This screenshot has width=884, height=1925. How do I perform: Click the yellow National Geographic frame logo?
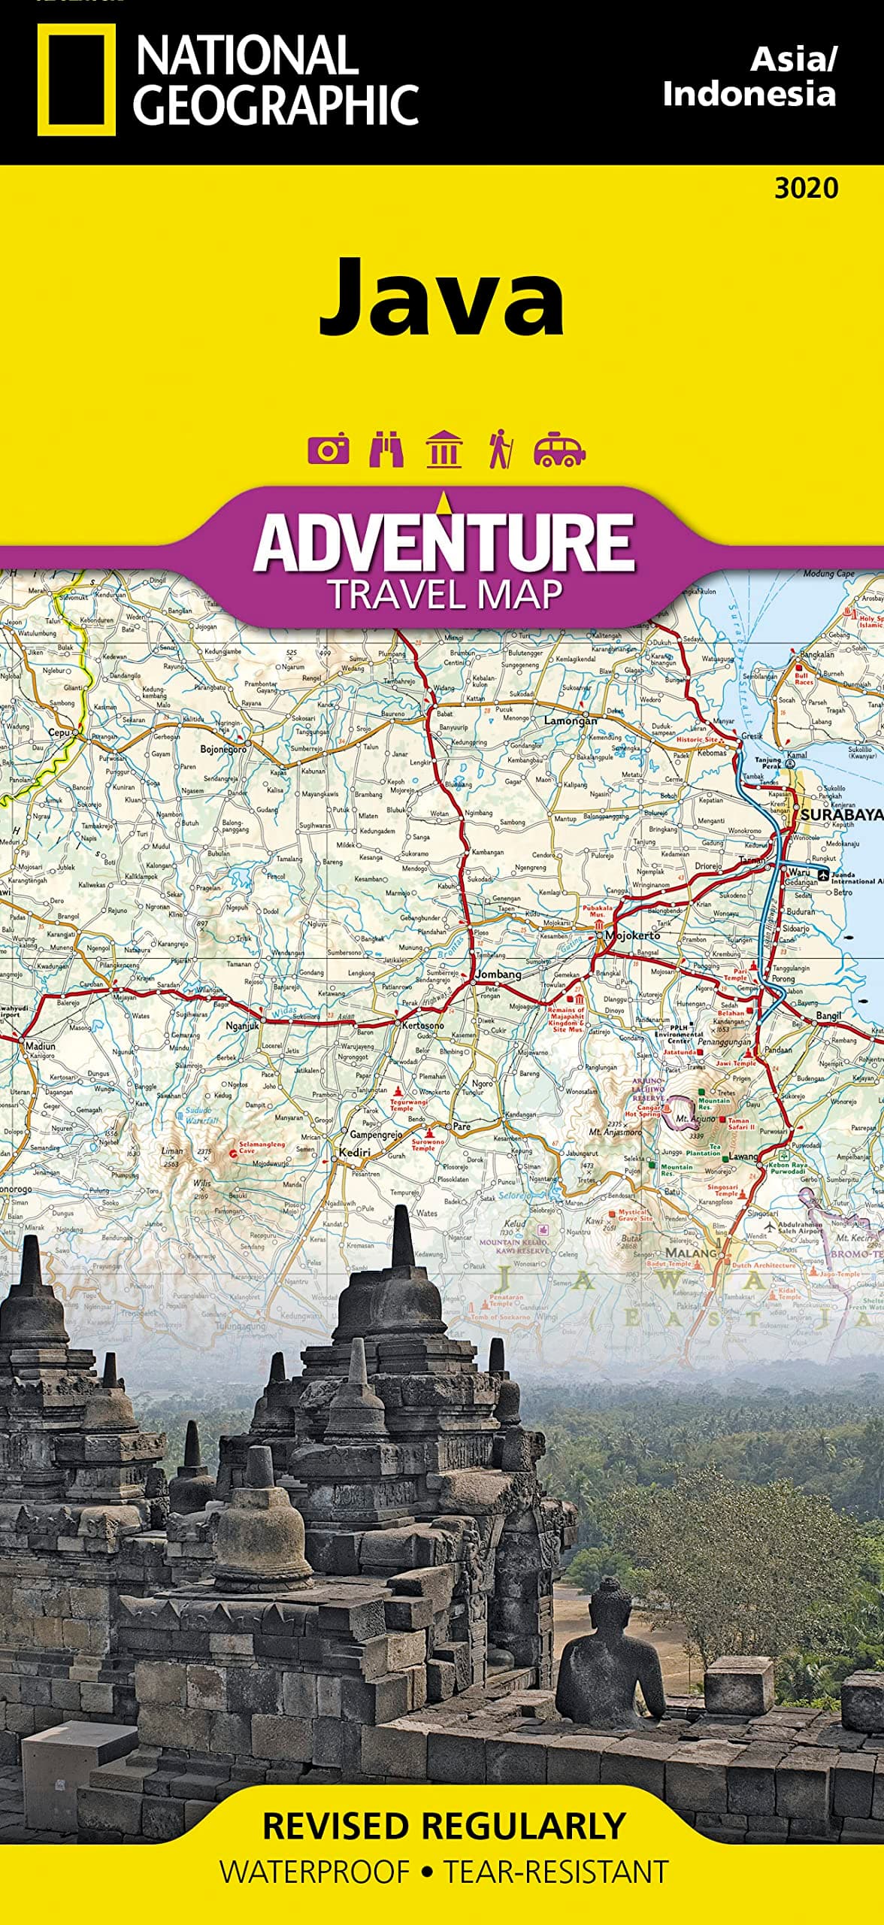[76, 79]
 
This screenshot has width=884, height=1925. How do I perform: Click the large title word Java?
[442, 298]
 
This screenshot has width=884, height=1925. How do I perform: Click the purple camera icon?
[328, 450]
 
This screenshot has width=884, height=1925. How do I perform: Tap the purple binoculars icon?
[386, 450]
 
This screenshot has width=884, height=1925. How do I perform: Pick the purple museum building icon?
[444, 450]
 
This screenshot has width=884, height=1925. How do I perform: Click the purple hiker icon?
[499, 450]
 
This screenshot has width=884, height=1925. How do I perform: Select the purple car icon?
[559, 450]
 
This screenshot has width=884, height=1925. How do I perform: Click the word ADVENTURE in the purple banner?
[444, 542]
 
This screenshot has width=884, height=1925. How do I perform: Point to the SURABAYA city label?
[840, 814]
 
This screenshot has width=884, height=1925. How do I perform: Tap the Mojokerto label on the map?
[632, 935]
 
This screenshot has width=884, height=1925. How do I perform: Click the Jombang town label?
[498, 975]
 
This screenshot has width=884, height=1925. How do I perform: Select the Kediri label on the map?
[355, 1152]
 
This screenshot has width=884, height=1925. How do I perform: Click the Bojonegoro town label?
[223, 750]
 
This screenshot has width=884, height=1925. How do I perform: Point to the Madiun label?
[41, 1046]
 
